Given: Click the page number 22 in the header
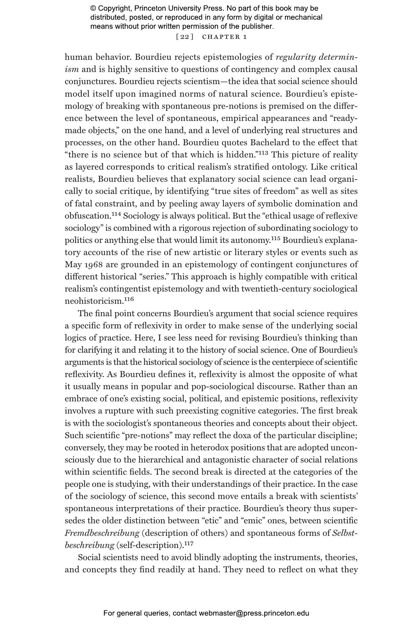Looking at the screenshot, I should (x=185, y=37).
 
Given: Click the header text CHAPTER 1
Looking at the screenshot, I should (x=224, y=37).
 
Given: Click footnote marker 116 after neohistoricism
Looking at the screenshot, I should (x=129, y=299).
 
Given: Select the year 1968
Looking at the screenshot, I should (x=93, y=265).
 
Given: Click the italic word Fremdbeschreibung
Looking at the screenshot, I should (x=102, y=533).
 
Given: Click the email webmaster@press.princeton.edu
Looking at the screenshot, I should (x=254, y=613).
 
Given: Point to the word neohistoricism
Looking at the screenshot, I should (x=94, y=301).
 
